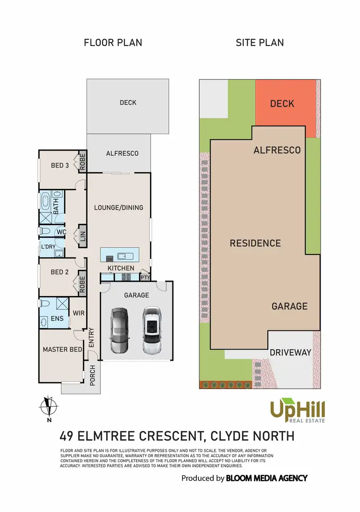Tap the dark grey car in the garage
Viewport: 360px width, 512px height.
point(119,330)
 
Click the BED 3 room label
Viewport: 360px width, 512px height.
point(60,166)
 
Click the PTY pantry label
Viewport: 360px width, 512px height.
point(145,277)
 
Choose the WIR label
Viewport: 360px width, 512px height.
point(79,313)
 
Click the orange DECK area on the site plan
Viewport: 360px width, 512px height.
point(282,104)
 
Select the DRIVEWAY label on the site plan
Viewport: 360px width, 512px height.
point(290,353)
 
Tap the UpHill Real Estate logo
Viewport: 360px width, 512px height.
point(298,411)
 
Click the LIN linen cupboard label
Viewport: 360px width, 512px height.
point(83,236)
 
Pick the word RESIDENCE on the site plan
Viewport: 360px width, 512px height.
point(255,244)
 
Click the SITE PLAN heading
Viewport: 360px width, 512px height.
point(260,42)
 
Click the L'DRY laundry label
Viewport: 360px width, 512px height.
point(48,247)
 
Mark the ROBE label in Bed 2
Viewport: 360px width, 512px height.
point(82,284)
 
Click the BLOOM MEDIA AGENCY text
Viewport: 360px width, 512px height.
point(266,478)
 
